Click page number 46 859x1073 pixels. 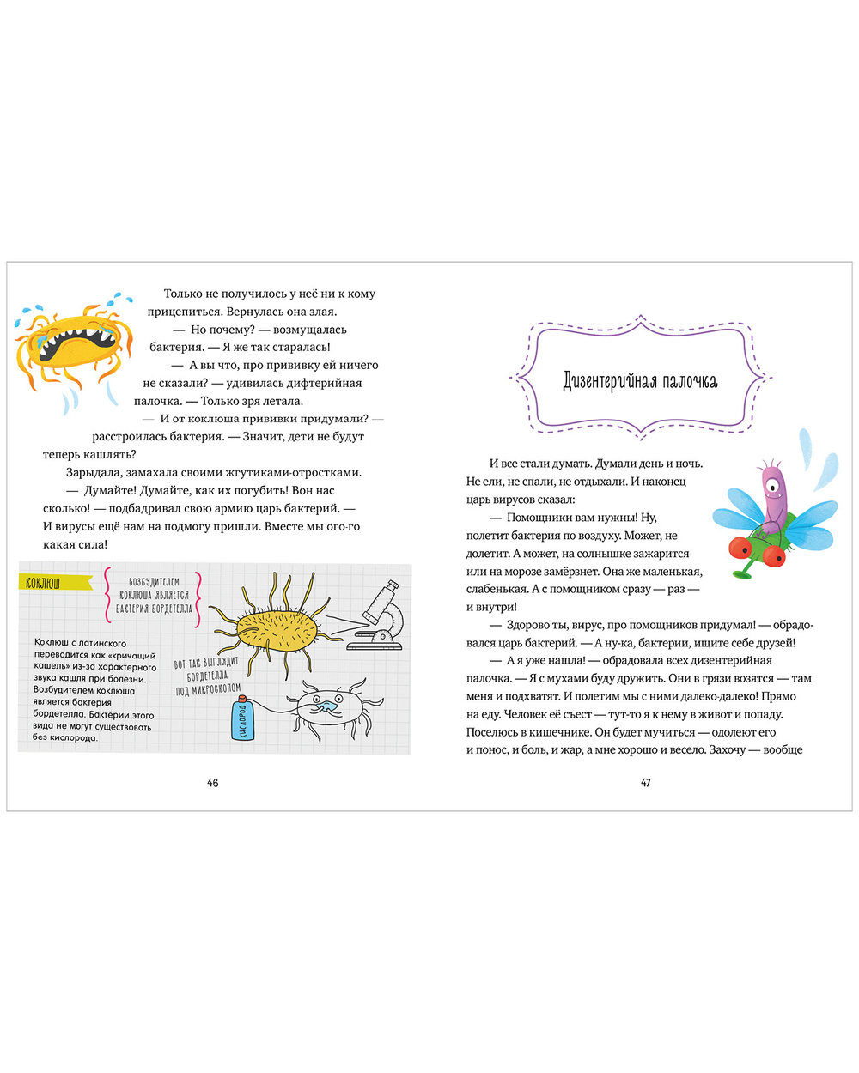pos(212,782)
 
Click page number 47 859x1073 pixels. pos(646,782)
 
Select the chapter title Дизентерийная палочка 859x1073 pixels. pos(640,380)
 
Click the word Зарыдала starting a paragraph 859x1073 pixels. pos(94,472)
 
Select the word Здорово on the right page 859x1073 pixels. pos(528,625)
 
